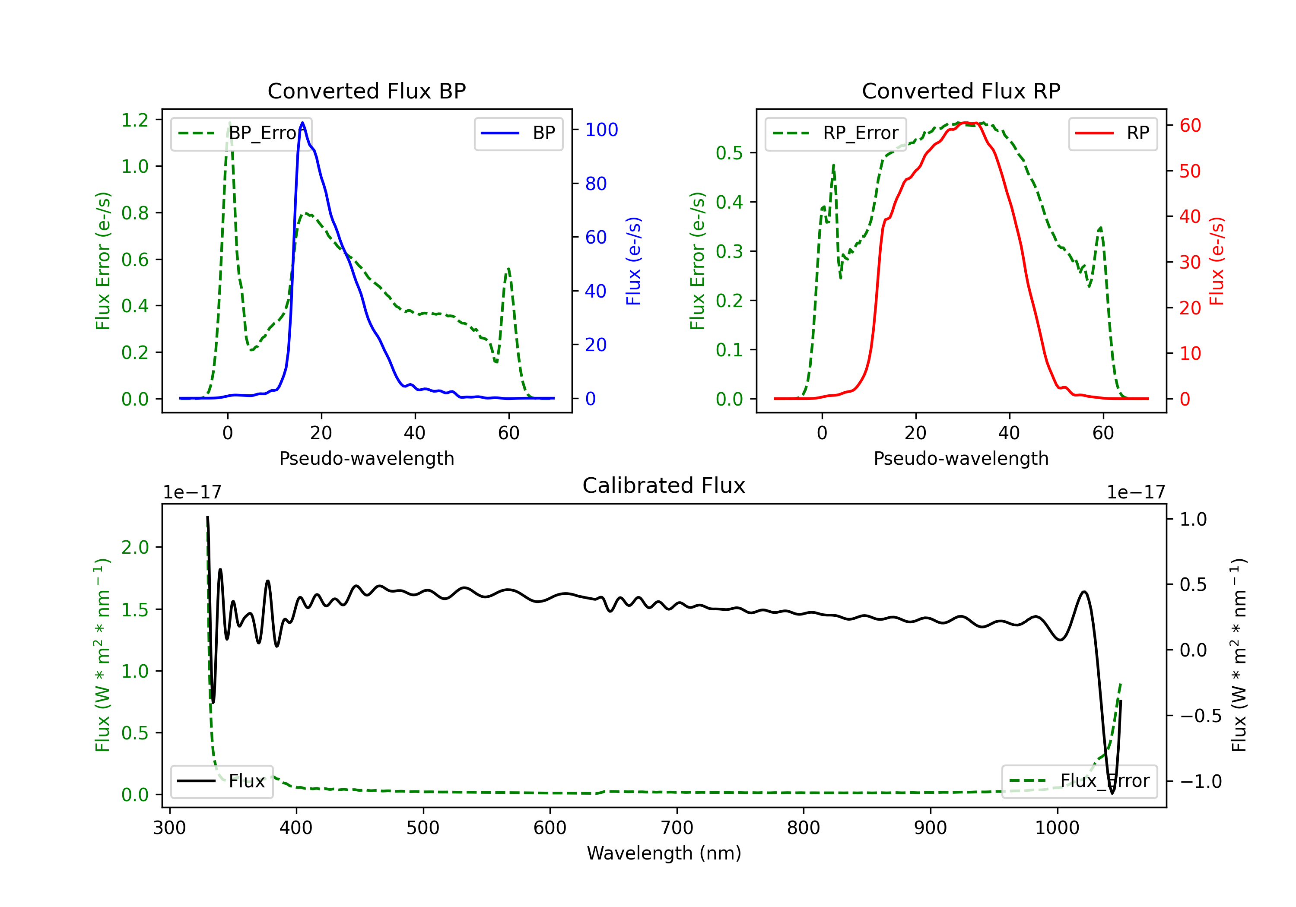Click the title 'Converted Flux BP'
point(366,91)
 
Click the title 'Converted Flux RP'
point(961,91)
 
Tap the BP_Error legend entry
point(241,133)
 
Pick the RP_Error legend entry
point(836,133)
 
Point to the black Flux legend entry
point(222,781)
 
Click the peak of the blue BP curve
point(302,123)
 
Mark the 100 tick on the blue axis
point(601,130)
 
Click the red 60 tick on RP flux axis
point(1190,125)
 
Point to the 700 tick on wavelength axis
point(677,828)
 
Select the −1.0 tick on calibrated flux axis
point(1200,781)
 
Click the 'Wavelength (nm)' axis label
point(664,853)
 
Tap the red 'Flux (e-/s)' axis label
point(1217,261)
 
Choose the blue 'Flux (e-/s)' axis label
point(633,261)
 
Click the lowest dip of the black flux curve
point(1112,793)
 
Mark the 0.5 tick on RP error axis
point(729,153)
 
